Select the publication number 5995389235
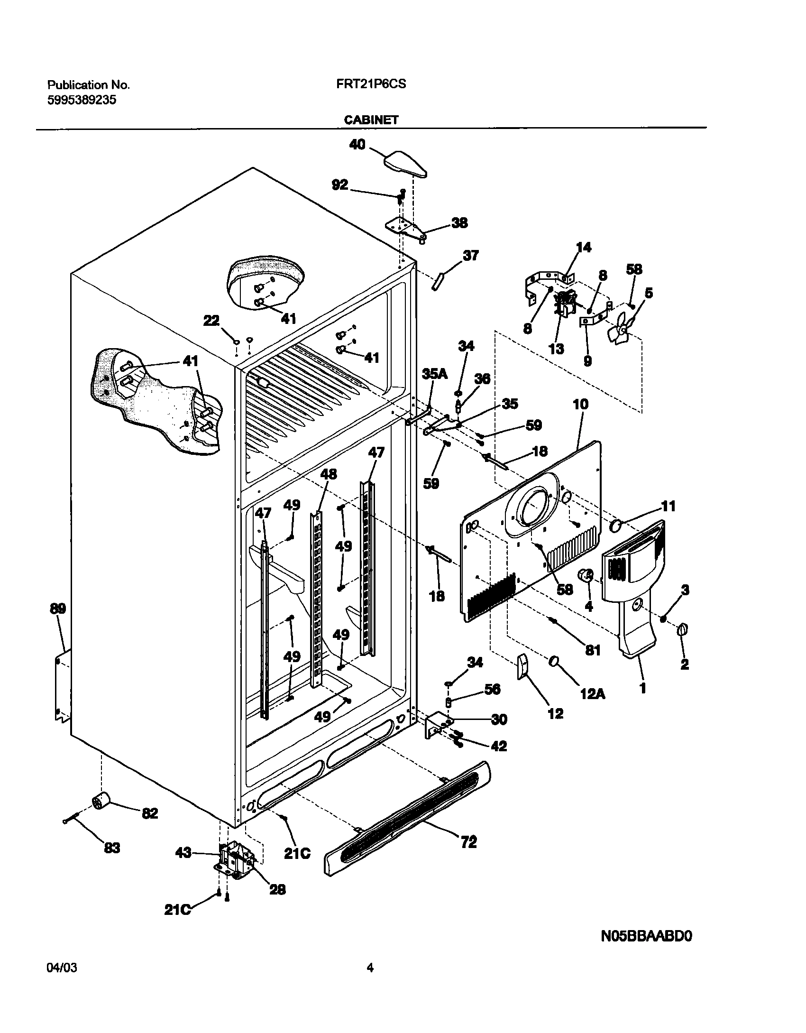pos(82,100)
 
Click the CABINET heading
pos(371,120)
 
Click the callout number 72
pos(468,842)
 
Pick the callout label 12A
pos(592,694)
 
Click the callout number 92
pos(339,185)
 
